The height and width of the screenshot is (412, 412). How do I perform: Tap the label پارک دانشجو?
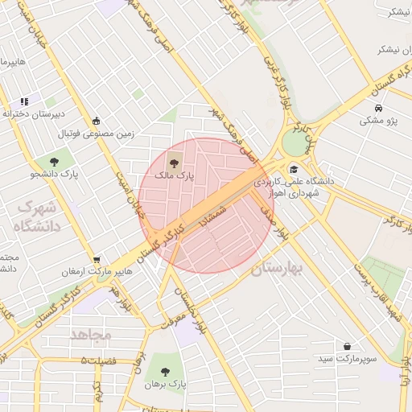pyautogui.click(x=55, y=174)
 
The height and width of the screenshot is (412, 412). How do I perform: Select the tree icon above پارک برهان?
pyautogui.click(x=165, y=372)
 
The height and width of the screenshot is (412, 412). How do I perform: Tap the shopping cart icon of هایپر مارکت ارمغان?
pyautogui.click(x=97, y=260)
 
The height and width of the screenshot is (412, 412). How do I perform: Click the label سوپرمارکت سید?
pyautogui.click(x=346, y=358)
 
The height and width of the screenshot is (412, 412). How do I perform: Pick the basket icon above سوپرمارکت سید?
pyautogui.click(x=347, y=346)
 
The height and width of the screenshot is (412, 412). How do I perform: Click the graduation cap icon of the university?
pyautogui.click(x=295, y=169)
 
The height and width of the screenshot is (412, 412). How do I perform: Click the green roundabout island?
pyautogui.click(x=295, y=143)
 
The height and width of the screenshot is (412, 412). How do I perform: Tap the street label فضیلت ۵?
pyautogui.click(x=99, y=360)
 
